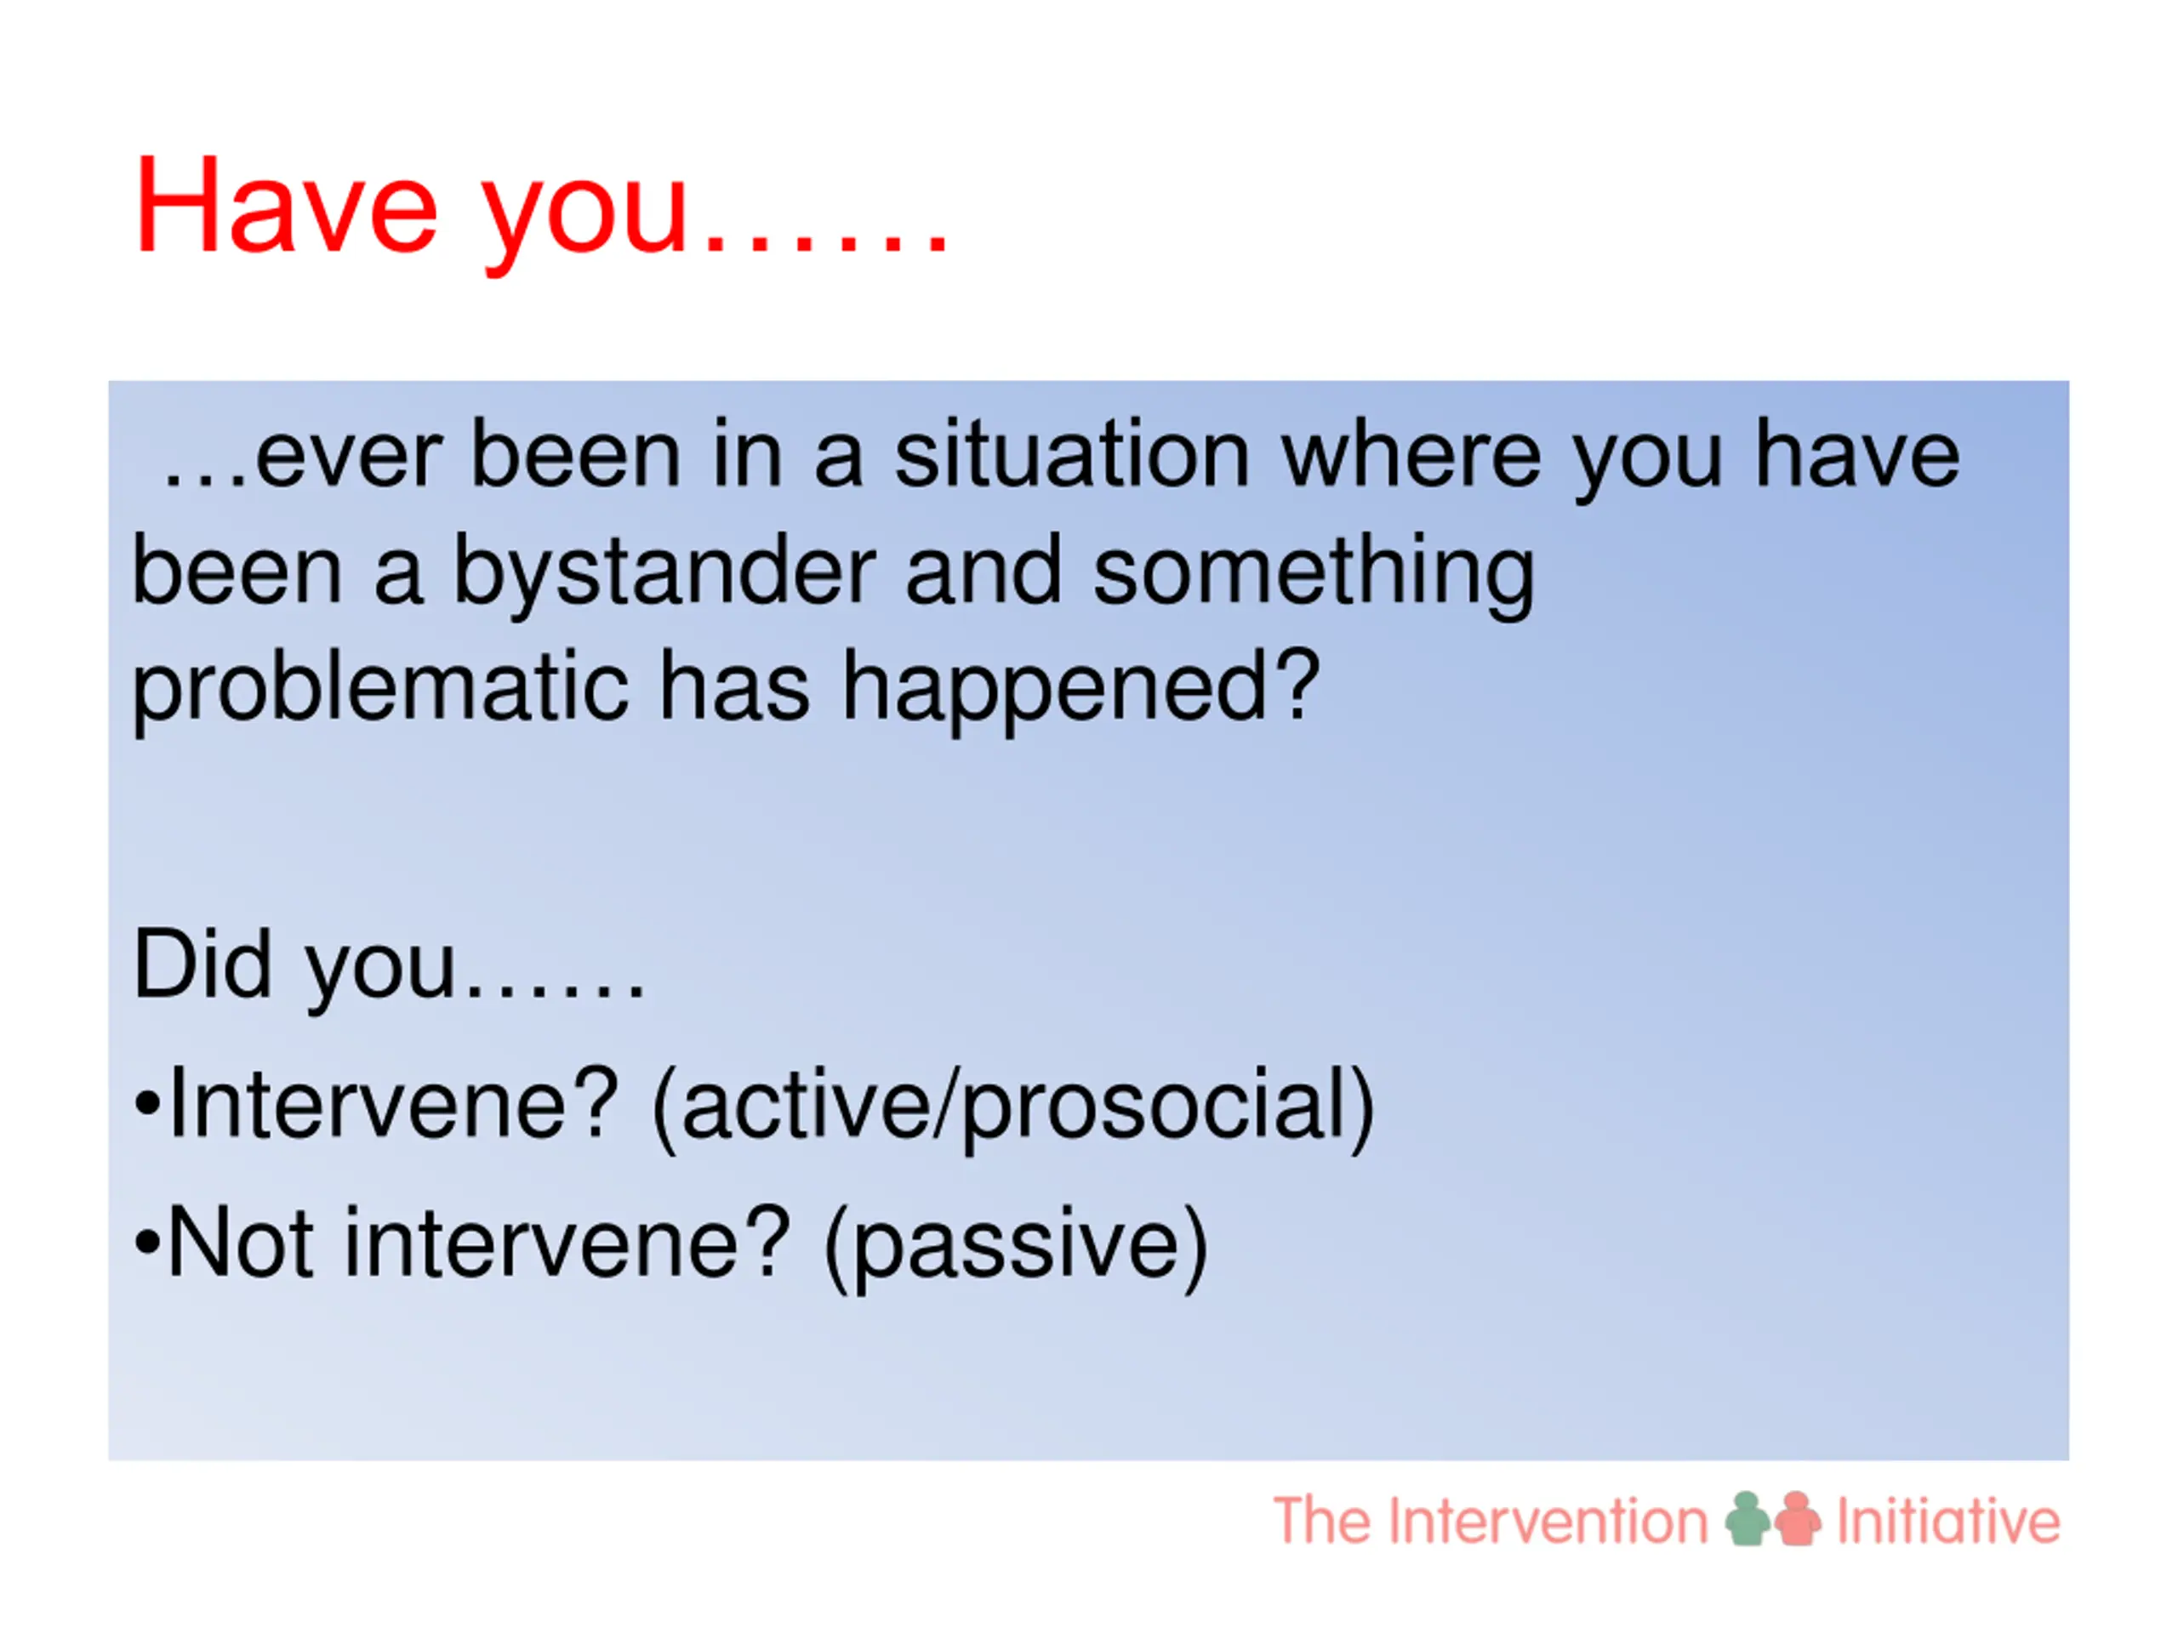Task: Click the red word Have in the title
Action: point(286,207)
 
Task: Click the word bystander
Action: point(663,573)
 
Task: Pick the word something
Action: point(1314,575)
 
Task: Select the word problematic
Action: point(380,691)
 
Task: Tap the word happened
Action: point(1081,691)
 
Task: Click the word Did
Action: point(202,964)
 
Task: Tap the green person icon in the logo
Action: point(1748,1519)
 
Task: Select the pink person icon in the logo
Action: point(1798,1519)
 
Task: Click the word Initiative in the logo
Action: point(1948,1521)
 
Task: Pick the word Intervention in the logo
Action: point(1548,1521)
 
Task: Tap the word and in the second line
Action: point(984,573)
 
